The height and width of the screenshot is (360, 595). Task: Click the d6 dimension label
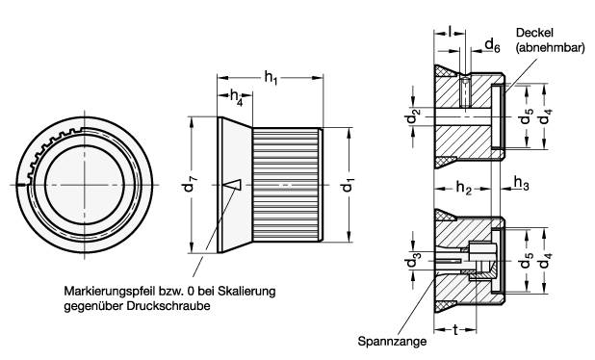tap(491, 44)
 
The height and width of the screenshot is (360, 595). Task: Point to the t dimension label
tap(453, 328)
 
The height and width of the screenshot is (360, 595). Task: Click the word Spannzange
tap(386, 341)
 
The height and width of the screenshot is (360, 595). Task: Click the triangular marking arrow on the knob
tap(230, 183)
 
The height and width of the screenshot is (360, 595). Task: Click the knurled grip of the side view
tap(288, 183)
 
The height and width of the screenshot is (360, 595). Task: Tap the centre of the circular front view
tap(85, 184)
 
